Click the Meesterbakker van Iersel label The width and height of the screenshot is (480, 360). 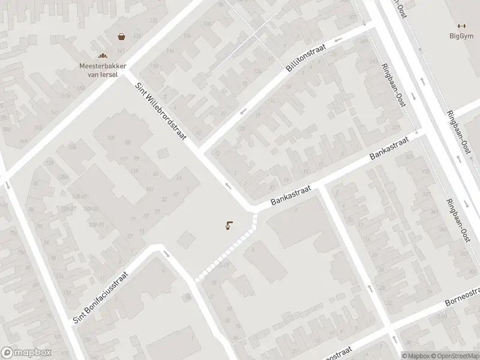click(x=101, y=70)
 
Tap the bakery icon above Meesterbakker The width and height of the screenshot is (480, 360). click(x=101, y=56)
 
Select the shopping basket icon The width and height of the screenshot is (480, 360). click(x=122, y=37)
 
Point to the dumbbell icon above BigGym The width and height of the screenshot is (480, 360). click(x=461, y=26)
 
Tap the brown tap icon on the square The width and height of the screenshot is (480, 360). click(x=229, y=226)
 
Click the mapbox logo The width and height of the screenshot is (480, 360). click(x=26, y=353)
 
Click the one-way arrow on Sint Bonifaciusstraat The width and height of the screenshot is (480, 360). click(x=166, y=254)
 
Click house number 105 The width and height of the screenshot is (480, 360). click(x=110, y=137)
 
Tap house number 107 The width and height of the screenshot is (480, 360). click(x=149, y=190)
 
